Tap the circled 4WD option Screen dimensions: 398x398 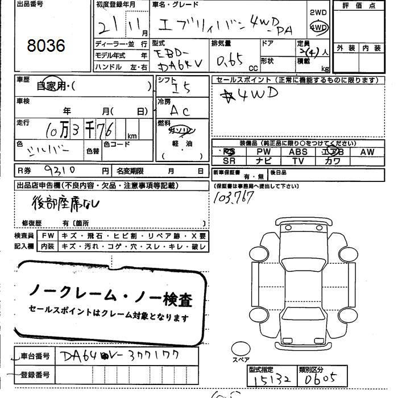tap(319, 27)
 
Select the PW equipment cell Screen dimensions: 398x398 tap(263, 152)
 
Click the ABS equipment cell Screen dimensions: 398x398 tap(298, 152)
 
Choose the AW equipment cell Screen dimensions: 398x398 tap(367, 152)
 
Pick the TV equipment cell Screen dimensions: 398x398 tap(298, 161)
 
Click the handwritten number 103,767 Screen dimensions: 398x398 tap(233, 197)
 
